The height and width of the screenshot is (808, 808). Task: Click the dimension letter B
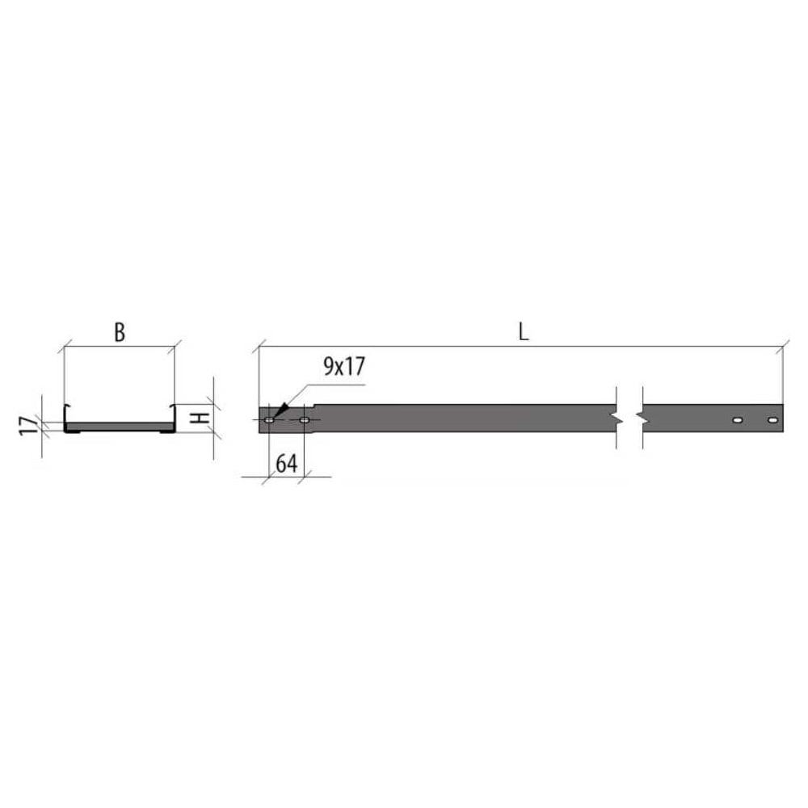(120, 332)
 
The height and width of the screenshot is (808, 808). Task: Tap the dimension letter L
(524, 332)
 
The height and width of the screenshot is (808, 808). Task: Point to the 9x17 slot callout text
(344, 366)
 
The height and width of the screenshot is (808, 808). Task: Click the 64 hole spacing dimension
(287, 464)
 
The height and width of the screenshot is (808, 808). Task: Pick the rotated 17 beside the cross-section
(29, 426)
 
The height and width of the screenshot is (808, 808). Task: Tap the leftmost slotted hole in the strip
(269, 420)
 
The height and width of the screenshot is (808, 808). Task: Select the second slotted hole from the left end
(305, 420)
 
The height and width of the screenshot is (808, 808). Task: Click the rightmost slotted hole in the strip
(772, 420)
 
